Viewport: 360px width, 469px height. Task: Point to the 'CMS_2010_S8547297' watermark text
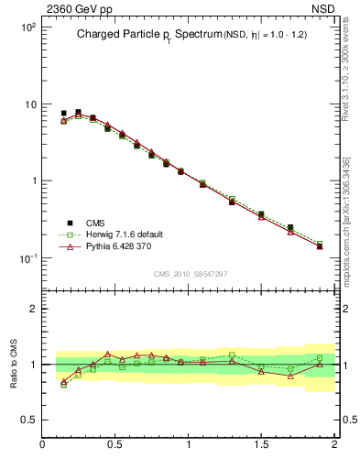coord(190,274)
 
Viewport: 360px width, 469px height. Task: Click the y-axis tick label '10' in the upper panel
coord(29,104)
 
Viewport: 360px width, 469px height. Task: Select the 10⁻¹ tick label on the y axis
coord(27,258)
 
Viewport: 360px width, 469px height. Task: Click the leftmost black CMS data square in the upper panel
coord(63,114)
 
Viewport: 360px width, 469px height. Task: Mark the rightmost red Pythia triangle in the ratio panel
coord(320,364)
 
